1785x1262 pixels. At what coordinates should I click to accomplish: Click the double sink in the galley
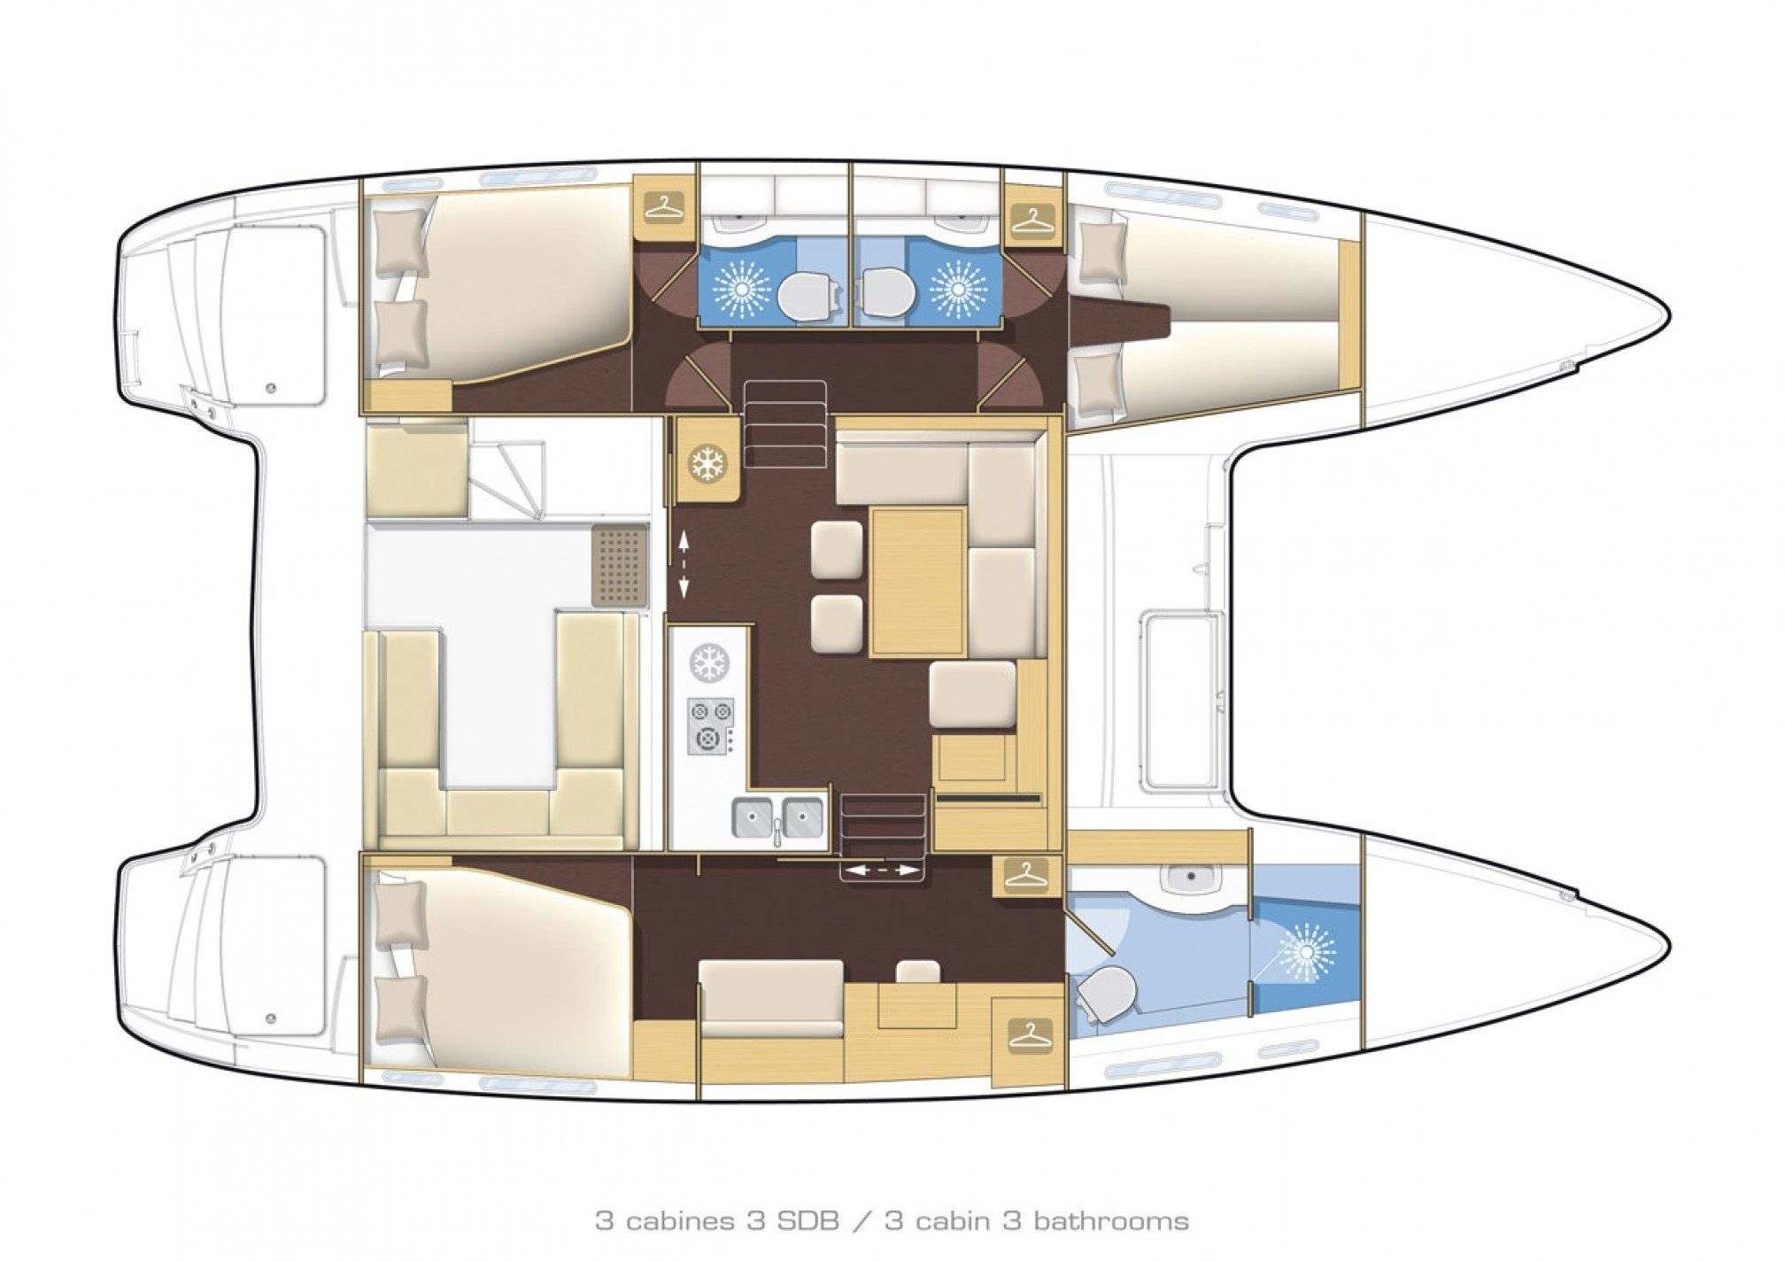778,817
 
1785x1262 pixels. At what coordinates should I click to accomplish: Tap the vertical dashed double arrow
684,563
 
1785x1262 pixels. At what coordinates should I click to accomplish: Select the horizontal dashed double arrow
882,871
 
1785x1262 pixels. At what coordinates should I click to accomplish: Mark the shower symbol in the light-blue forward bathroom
1304,955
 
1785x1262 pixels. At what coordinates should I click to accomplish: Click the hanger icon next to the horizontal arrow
1026,875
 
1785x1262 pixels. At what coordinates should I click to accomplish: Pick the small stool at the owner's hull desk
917,971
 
